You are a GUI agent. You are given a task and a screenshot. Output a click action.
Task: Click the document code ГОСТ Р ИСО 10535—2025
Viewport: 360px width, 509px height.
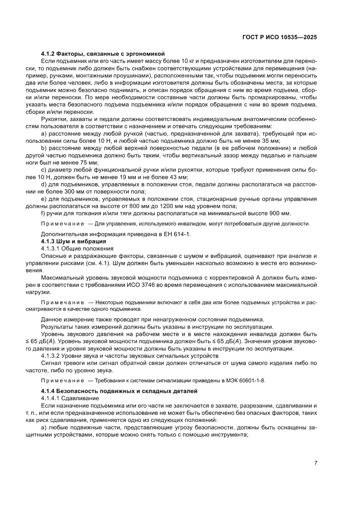coord(279,37)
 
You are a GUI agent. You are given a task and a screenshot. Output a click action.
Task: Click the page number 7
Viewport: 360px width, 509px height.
coord(316,463)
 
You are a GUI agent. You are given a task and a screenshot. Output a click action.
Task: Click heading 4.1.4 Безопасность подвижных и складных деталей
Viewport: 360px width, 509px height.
coord(119,391)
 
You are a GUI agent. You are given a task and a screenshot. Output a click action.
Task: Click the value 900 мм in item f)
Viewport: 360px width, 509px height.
coord(281,213)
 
